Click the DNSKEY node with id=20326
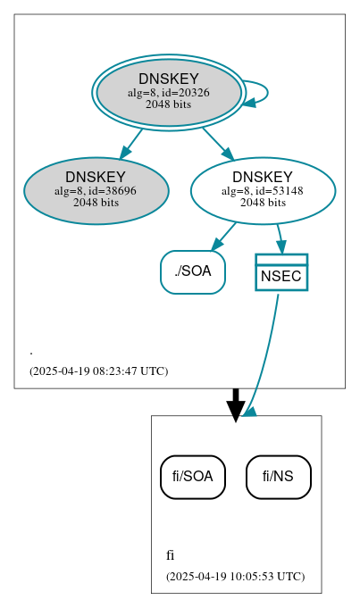click(168, 92)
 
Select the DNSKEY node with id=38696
click(96, 191)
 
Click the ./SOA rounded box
click(192, 271)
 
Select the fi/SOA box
click(192, 477)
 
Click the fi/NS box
click(278, 477)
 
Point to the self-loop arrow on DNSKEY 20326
click(265, 93)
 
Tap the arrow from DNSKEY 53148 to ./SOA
click(224, 236)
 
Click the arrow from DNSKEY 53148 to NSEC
click(280, 237)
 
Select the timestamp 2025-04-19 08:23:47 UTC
click(98, 371)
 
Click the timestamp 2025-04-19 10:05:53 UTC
click(235, 576)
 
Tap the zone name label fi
click(170, 555)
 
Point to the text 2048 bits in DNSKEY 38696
click(96, 203)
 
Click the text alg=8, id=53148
click(263, 190)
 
